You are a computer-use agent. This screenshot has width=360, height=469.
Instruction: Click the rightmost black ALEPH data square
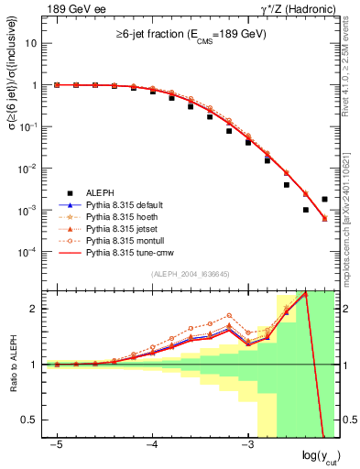point(325,199)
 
